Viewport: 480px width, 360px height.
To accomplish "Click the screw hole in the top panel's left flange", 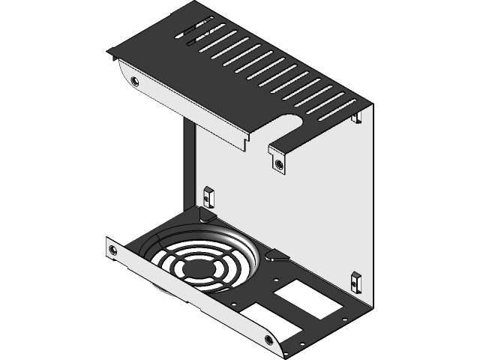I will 135,81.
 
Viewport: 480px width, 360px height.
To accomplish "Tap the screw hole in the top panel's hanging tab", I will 279,163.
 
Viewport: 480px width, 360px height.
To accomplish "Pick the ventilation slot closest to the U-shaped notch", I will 331,108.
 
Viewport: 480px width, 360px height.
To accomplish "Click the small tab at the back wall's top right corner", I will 358,115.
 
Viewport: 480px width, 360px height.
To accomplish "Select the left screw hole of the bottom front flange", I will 112,250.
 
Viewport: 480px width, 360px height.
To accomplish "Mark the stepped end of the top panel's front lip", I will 246,142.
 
